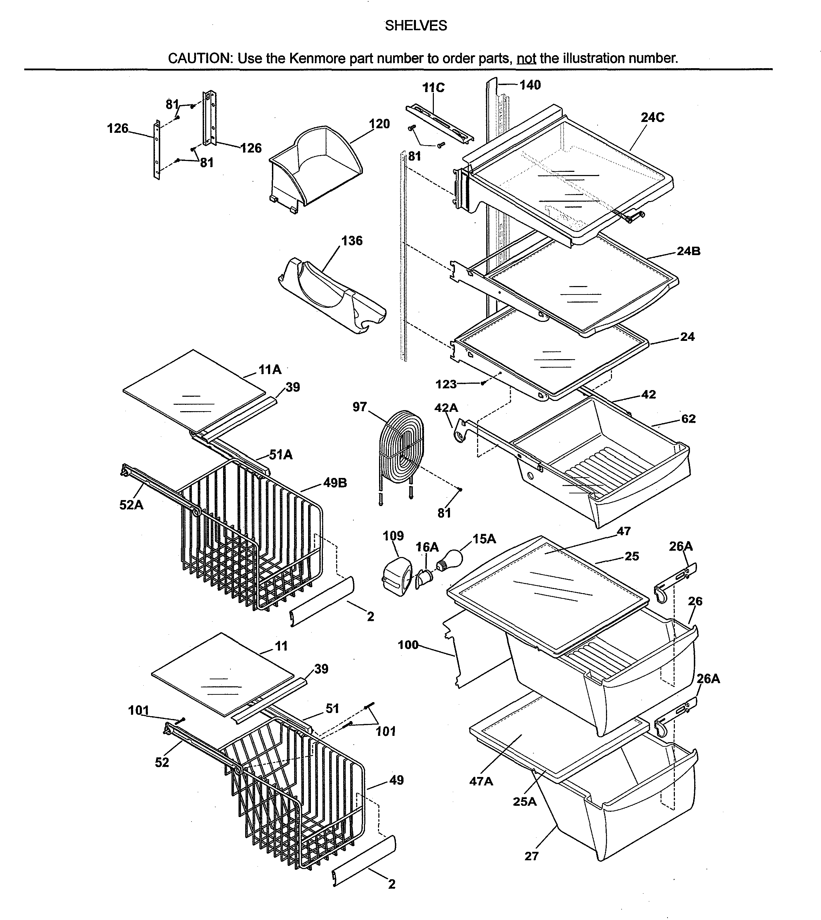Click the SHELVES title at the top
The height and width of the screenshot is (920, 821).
pos(416,26)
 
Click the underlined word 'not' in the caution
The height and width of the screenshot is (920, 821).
pos(526,58)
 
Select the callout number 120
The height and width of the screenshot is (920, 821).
pos(379,124)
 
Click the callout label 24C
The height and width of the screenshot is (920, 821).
pos(652,117)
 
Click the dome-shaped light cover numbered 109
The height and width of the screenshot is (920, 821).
pos(397,577)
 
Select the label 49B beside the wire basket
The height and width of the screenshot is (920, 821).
pos(335,483)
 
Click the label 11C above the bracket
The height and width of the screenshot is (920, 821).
pos(433,88)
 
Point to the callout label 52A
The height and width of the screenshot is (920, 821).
pos(131,505)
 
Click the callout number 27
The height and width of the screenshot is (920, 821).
pos(532,856)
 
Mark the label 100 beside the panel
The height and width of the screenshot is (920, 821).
pos(408,645)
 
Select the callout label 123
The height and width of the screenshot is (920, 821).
pos(446,384)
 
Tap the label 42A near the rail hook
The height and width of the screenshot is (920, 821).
pos(446,408)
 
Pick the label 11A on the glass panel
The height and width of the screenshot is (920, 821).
pos(270,370)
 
